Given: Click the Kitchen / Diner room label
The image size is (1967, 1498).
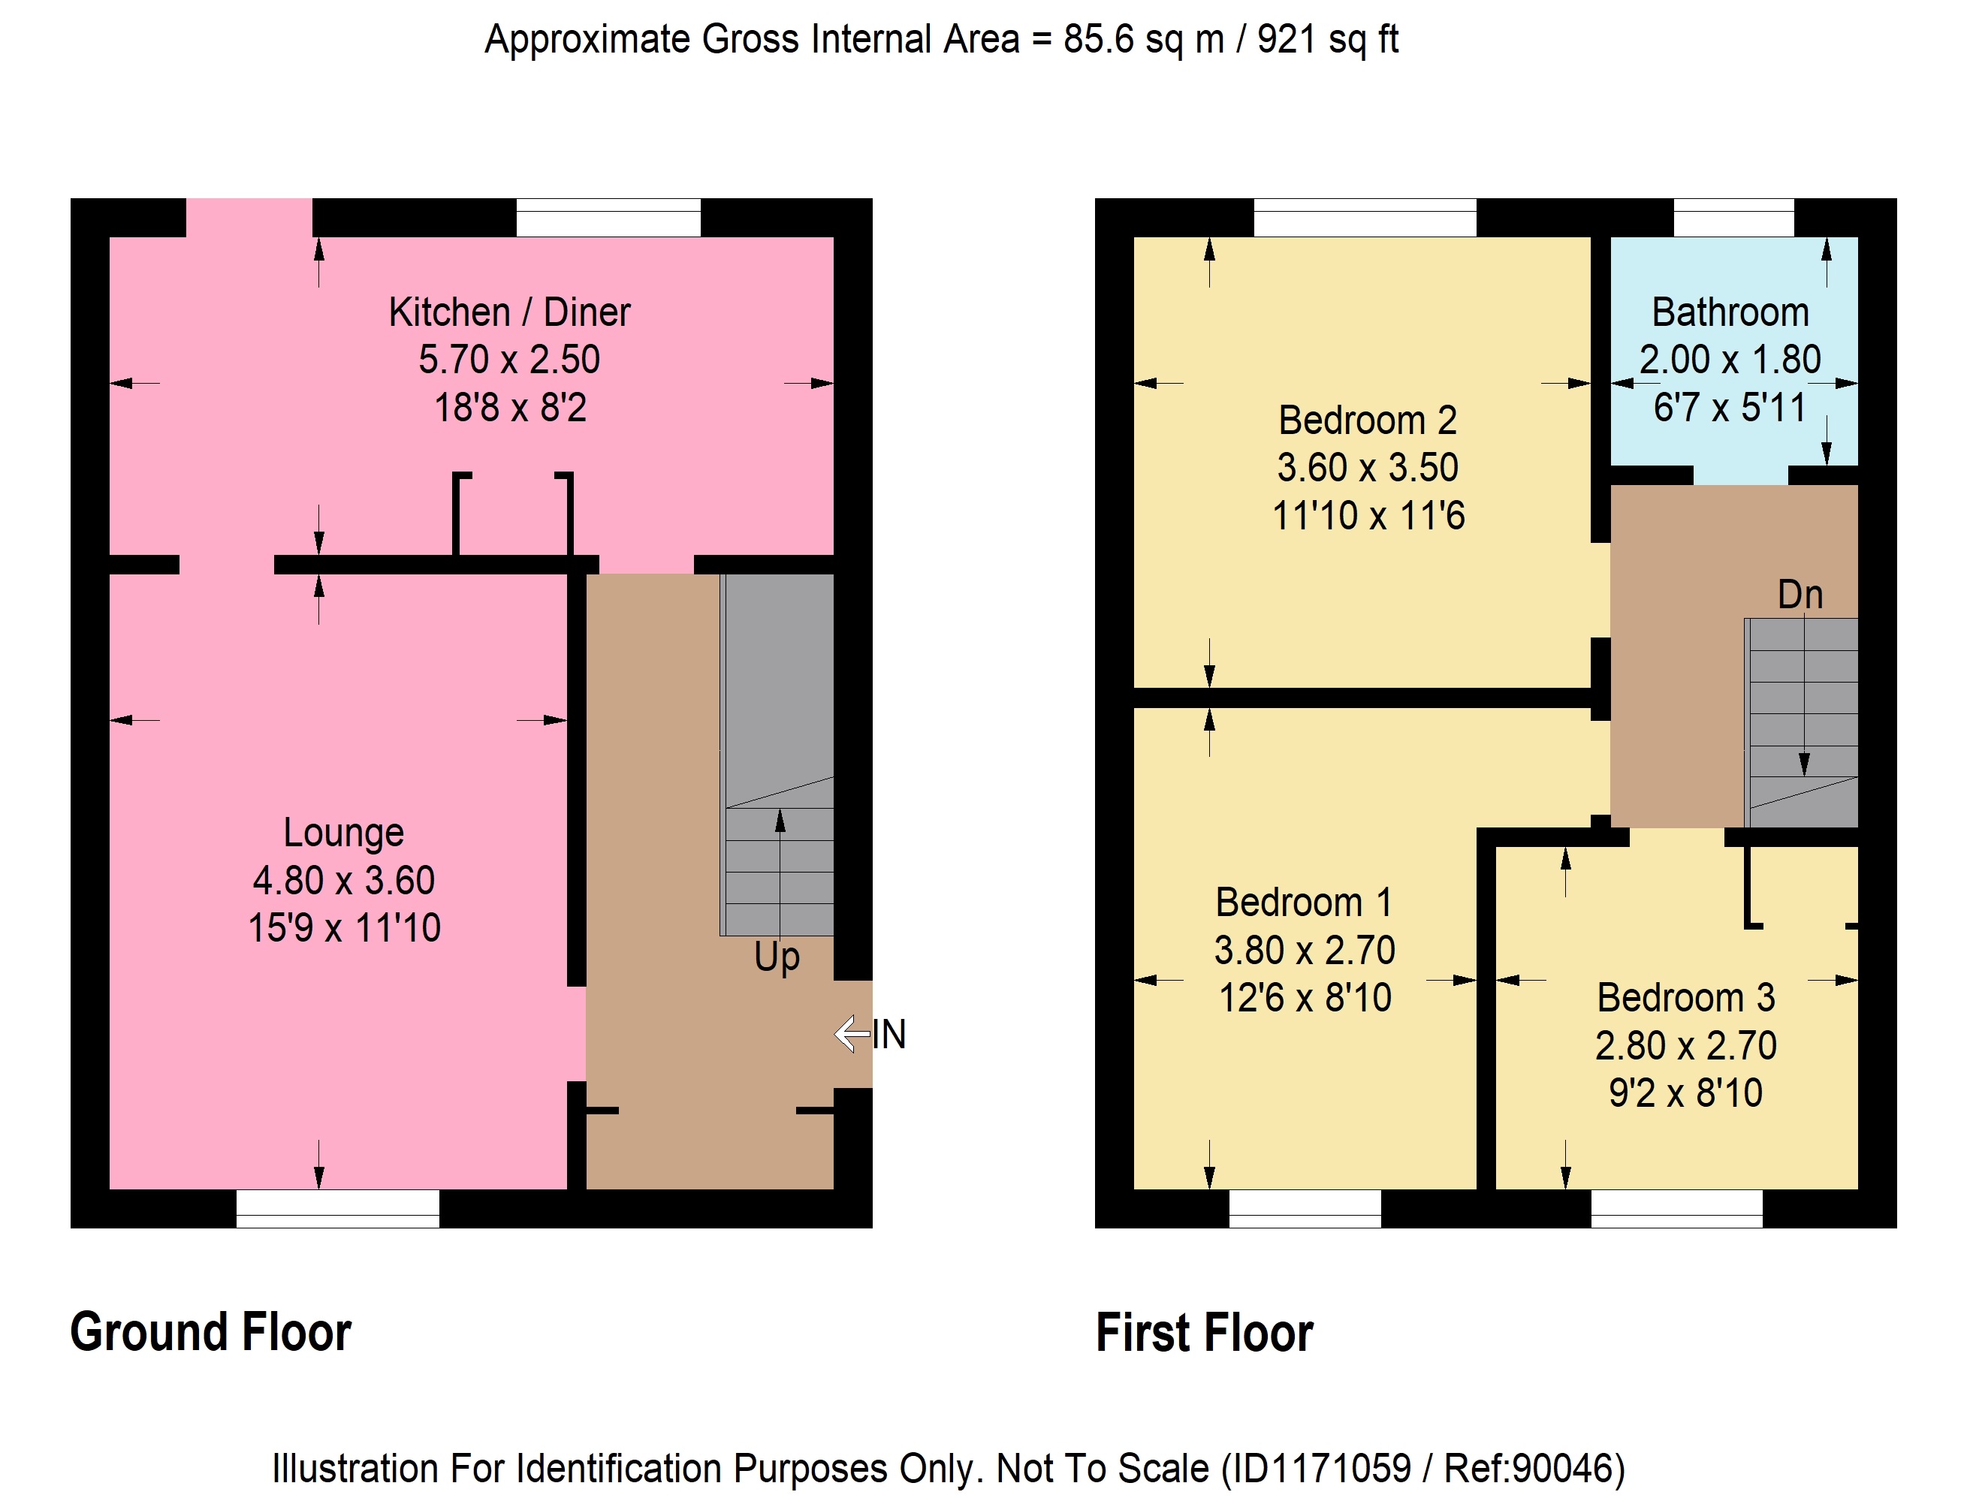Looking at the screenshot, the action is point(509,312).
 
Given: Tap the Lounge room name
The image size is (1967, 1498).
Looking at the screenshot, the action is point(343,833).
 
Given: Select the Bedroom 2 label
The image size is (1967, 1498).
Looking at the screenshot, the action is point(1368,420).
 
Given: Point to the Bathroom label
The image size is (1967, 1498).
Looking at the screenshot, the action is point(1730,312).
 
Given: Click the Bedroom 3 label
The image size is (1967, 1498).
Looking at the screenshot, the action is point(1685,997).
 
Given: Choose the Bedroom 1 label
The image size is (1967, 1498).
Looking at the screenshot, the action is point(1304,902).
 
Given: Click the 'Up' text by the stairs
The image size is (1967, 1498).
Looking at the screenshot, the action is point(777,957).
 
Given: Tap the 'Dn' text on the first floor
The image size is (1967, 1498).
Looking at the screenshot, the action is point(1800,595).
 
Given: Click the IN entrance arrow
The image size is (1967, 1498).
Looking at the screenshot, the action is point(852,1033).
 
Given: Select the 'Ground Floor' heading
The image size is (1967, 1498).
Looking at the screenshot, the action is point(210,1332).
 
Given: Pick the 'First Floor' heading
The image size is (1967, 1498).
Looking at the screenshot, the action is point(1205,1332).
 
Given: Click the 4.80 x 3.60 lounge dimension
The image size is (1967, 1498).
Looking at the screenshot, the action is point(343,880).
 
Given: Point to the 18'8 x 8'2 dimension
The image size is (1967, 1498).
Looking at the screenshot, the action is point(510,408).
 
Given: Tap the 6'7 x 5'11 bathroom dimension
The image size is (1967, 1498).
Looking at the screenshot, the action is point(1729,408).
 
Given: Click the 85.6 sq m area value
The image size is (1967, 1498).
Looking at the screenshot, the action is point(1144,39).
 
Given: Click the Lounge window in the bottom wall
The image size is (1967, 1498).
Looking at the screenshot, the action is point(338,1209).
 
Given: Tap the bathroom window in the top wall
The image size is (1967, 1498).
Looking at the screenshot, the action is point(1733,218).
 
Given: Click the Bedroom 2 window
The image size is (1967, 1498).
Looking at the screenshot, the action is point(1365,218).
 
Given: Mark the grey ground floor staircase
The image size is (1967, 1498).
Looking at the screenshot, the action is point(777,755).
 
